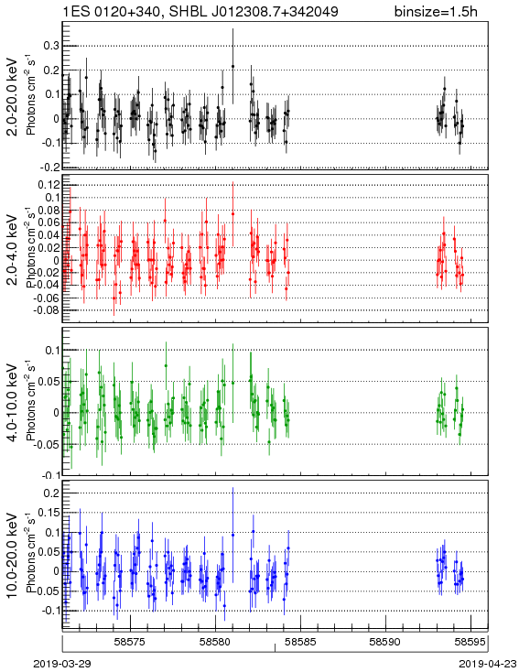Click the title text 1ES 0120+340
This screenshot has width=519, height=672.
[x=114, y=11]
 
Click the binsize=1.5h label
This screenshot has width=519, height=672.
[x=436, y=11]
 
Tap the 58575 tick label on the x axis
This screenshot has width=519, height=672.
[x=130, y=642]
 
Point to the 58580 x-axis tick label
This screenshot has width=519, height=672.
[x=215, y=642]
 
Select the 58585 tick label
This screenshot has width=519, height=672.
[x=301, y=642]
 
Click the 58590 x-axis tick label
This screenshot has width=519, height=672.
[x=385, y=642]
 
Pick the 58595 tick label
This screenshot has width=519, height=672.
[x=471, y=642]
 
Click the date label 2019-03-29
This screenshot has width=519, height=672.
[x=61, y=664]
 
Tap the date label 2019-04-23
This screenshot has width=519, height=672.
[x=488, y=664]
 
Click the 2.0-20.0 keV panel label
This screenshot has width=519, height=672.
[x=13, y=96]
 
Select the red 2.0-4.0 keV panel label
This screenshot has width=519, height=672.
[x=13, y=249]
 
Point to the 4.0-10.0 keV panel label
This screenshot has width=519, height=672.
[x=13, y=403]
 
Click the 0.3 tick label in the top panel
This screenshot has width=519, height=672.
[x=51, y=46]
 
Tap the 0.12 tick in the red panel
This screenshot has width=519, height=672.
[x=48, y=185]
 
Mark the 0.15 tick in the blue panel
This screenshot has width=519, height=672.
[x=48, y=513]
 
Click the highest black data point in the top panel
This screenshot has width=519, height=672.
[x=232, y=67]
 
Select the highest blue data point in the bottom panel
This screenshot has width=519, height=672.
[x=232, y=535]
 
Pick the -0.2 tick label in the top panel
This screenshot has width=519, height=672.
[x=49, y=168]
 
